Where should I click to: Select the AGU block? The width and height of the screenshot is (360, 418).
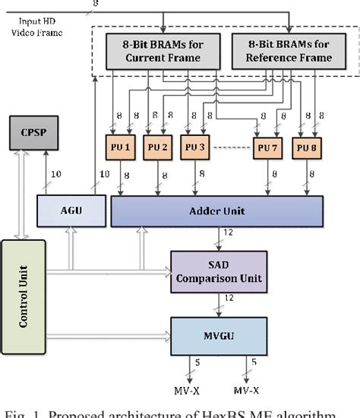(71, 211)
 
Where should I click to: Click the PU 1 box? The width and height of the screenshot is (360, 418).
(124, 147)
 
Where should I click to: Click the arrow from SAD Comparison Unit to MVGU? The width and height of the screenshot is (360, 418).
(219, 306)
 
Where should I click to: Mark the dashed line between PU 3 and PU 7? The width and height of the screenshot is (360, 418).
(232, 147)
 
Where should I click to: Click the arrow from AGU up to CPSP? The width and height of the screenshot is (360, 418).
(47, 175)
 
